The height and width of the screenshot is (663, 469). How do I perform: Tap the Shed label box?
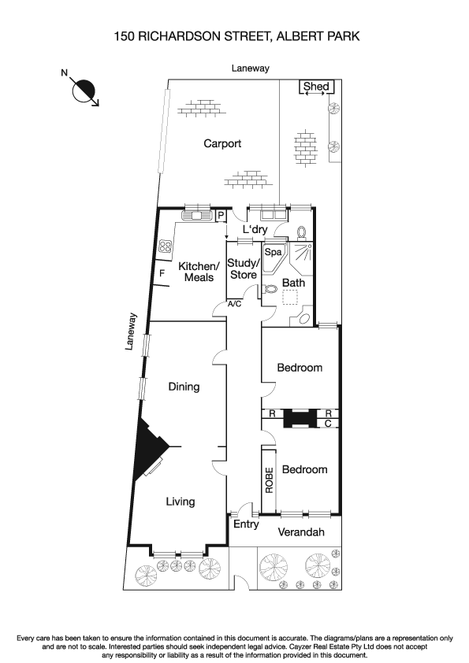point(316,87)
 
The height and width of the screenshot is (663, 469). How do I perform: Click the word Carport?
point(222,143)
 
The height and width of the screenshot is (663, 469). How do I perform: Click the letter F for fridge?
point(162,273)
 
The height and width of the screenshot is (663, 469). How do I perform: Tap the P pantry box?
point(221,215)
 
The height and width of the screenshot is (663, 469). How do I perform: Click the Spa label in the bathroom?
point(273,253)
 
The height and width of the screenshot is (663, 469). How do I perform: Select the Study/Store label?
point(243,269)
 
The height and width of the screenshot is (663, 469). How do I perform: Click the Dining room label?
point(184,387)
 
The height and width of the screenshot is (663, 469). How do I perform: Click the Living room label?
point(180,502)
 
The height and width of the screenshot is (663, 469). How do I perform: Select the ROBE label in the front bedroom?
point(270,480)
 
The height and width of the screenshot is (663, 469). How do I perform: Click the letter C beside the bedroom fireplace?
point(328,423)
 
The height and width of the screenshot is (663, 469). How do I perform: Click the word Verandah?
point(303,532)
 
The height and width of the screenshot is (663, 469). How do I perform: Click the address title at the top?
point(234,35)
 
